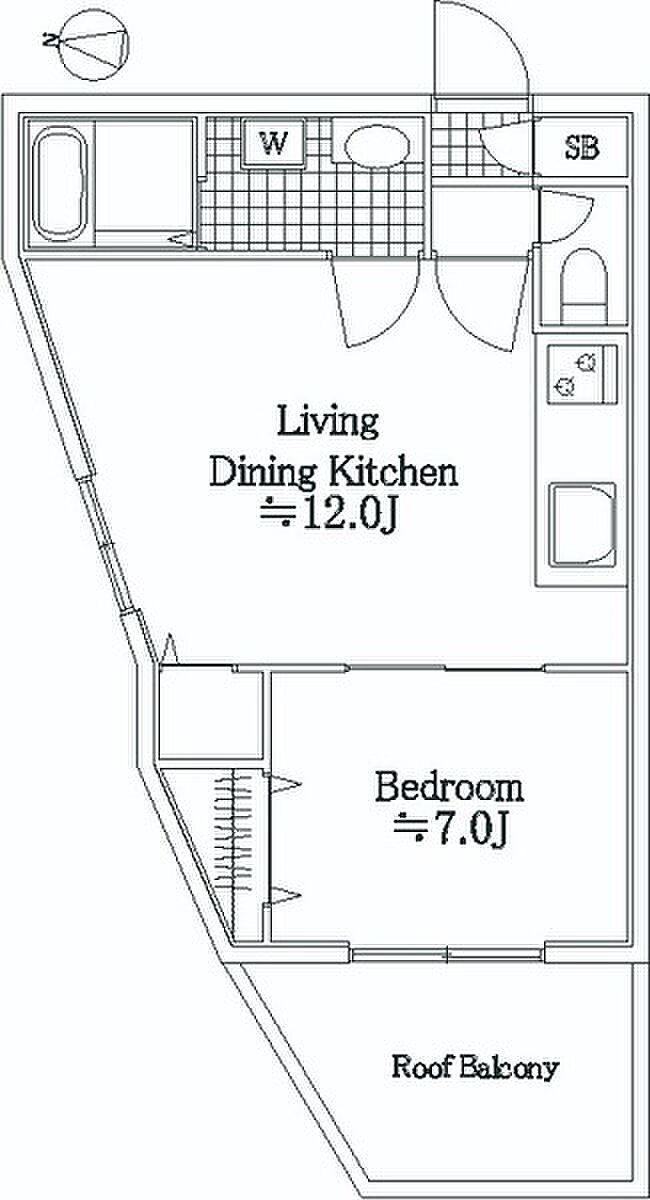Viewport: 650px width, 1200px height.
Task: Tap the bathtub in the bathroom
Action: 59,183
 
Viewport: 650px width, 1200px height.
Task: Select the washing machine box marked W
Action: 273,143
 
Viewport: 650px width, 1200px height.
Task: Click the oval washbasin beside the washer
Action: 377,145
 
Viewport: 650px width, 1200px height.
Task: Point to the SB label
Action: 582,147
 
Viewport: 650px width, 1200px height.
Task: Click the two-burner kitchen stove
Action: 582,374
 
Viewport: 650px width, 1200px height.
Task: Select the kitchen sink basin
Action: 582,524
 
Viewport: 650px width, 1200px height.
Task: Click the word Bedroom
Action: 449,788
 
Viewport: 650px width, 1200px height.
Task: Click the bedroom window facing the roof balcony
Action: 447,954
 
